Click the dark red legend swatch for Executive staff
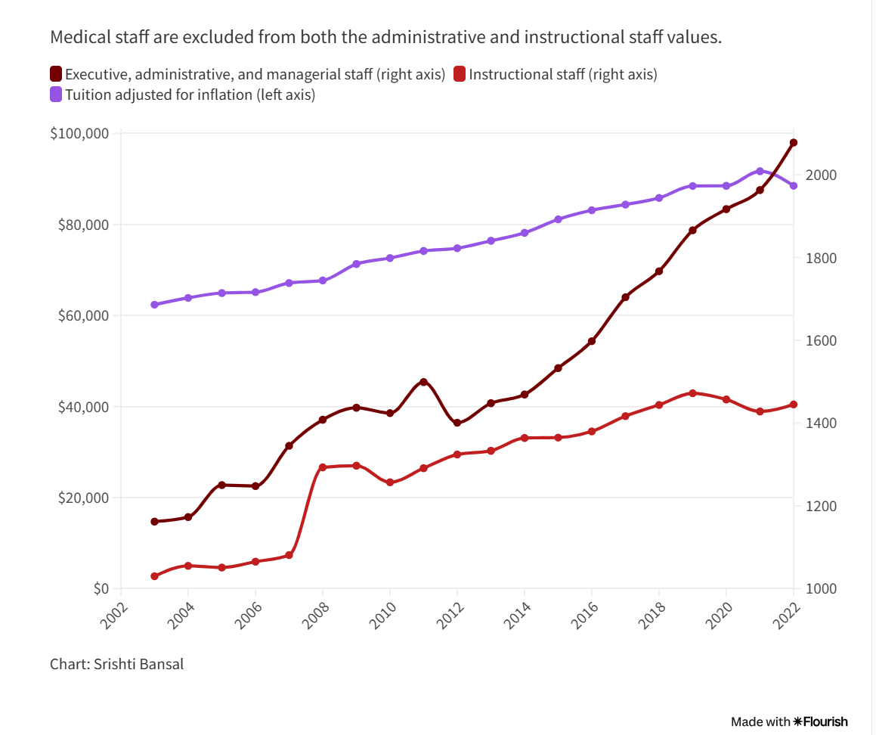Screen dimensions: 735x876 [x=56, y=74]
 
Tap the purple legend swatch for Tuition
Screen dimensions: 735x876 [x=56, y=95]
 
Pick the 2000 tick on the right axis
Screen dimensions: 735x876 [x=819, y=175]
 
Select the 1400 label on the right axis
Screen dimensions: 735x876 [x=819, y=423]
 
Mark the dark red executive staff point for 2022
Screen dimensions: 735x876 [x=794, y=142]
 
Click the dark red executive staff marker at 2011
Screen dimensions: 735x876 [x=423, y=382]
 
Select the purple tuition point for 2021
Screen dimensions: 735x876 [x=760, y=171]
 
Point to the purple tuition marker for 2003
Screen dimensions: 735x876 [x=154, y=305]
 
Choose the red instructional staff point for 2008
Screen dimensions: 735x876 [x=323, y=467]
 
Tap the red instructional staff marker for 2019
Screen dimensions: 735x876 [x=692, y=393]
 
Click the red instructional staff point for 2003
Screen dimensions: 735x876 [x=154, y=576]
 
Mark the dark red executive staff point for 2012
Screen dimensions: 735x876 [x=457, y=423]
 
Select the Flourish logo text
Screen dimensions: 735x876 [x=825, y=721]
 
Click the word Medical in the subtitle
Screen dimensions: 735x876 [x=74, y=37]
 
